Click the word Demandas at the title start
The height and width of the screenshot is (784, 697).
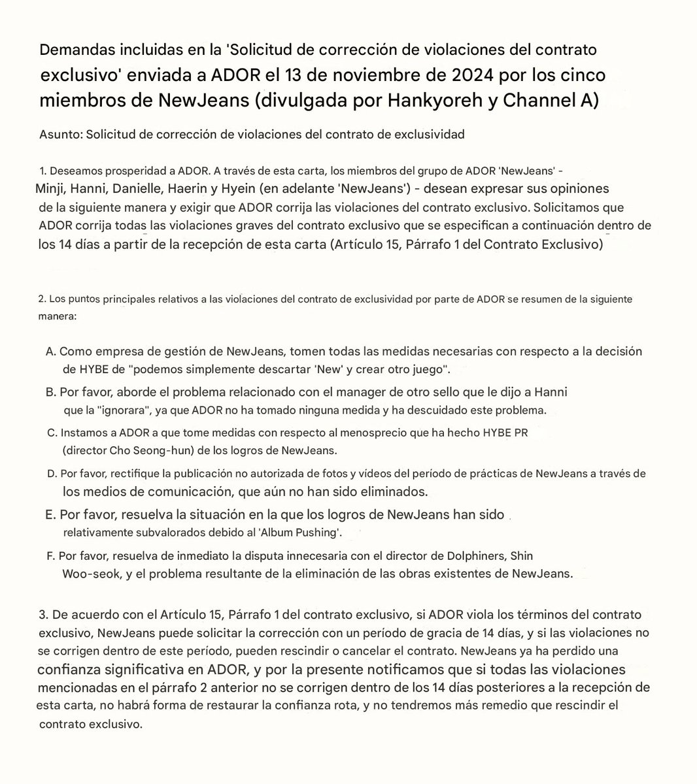(69, 50)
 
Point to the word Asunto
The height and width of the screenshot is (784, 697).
(57, 135)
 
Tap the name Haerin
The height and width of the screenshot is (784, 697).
(188, 189)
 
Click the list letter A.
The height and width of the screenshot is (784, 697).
(50, 351)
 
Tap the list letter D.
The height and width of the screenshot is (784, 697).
(51, 473)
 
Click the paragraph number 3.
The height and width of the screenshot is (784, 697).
(43, 615)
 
